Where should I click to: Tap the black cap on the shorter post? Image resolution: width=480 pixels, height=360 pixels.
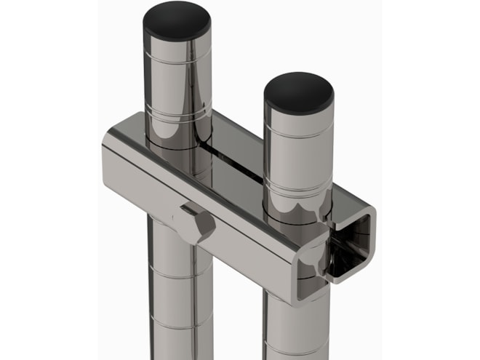coord(298,91)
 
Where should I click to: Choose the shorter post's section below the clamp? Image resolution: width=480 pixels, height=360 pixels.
coord(295,320)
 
